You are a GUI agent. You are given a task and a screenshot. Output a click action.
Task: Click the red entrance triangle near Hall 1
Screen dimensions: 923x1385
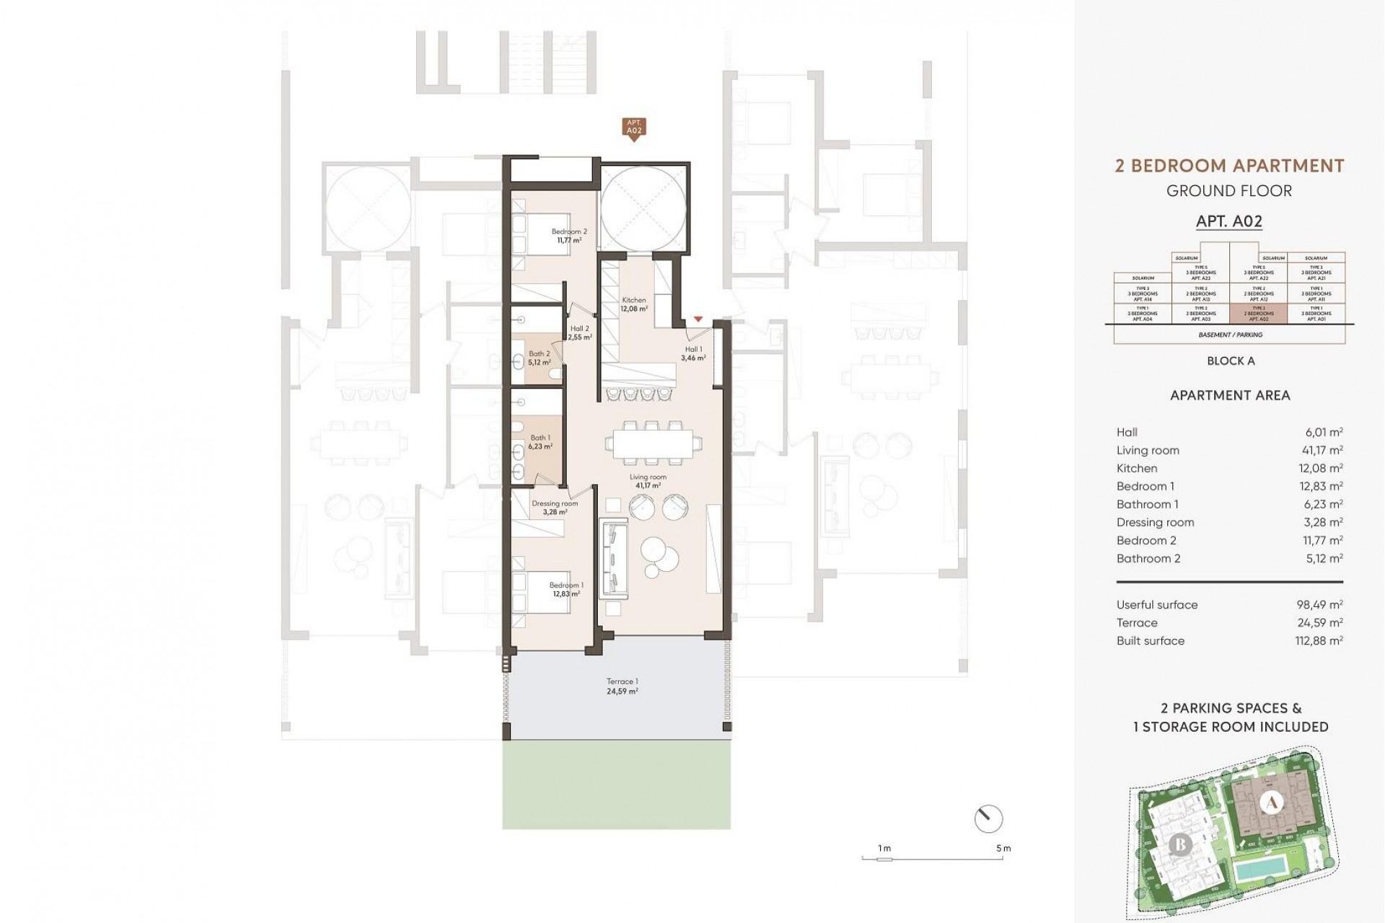point(698,319)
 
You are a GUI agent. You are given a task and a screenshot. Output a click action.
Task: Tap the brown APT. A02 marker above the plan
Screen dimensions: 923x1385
point(633,128)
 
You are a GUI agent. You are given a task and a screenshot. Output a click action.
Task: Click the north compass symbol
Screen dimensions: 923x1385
point(988,818)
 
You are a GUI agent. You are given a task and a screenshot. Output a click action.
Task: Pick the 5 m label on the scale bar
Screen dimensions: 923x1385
point(1003,848)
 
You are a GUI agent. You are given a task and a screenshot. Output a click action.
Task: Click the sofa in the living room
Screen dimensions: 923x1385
point(613,555)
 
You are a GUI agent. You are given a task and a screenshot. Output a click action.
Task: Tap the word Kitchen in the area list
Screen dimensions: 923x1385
point(1137,468)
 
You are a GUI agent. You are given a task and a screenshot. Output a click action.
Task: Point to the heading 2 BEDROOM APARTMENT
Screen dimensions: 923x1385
point(1229,166)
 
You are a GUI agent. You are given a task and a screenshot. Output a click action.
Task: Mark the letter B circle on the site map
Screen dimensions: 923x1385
point(1180,844)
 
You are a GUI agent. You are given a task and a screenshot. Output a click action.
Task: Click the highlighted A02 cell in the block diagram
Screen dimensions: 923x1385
point(1258,314)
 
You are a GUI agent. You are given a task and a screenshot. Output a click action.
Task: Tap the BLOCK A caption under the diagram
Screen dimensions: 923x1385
point(1231,361)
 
